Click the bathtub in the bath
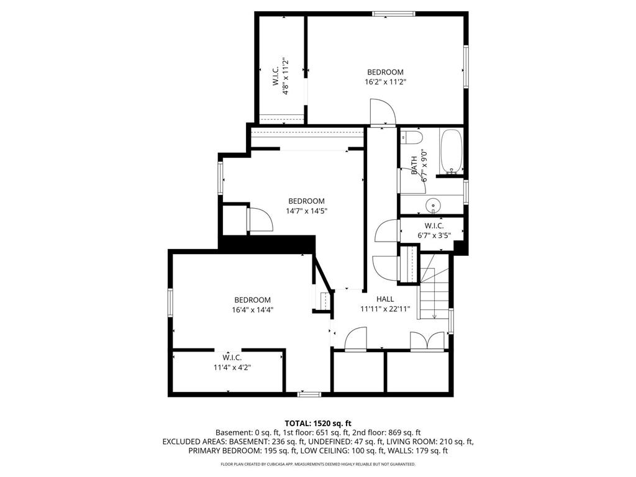452,152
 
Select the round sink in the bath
433,204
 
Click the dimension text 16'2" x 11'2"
385,81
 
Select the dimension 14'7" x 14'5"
306,211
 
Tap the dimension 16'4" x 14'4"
252,309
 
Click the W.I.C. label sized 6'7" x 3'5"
433,226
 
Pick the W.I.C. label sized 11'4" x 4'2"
232,358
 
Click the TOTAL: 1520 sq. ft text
317,423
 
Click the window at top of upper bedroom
394,13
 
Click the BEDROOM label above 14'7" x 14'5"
306,201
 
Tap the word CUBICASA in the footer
278,464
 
